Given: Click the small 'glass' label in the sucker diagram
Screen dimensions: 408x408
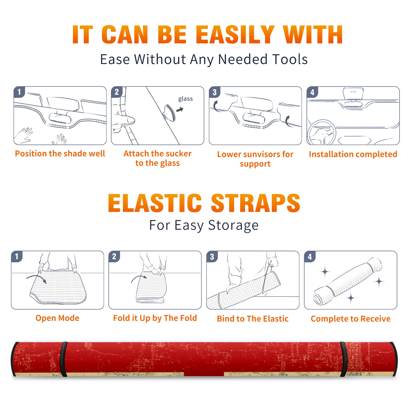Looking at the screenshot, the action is pyautogui.click(x=185, y=99).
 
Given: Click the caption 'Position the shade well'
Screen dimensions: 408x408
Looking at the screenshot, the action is pyautogui.click(x=60, y=154).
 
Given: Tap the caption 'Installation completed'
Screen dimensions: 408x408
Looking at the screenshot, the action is pyautogui.click(x=353, y=154).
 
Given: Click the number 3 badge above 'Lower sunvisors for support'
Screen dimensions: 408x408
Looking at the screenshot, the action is pyautogui.click(x=215, y=92).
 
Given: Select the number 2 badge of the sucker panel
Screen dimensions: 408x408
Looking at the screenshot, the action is pyautogui.click(x=117, y=92).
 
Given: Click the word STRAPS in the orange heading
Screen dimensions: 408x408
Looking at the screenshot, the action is pyautogui.click(x=256, y=203).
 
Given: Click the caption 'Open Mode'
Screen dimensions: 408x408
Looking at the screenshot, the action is pyautogui.click(x=57, y=318).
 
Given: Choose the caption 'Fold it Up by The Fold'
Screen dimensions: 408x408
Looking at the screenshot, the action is pyautogui.click(x=155, y=318).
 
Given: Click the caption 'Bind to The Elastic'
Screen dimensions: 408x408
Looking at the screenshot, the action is pyautogui.click(x=253, y=319).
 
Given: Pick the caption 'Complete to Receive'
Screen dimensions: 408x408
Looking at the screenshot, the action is pyautogui.click(x=351, y=319).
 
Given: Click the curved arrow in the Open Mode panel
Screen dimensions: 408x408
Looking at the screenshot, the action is pyautogui.click(x=36, y=276).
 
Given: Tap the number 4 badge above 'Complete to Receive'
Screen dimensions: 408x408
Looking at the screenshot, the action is pyautogui.click(x=310, y=257).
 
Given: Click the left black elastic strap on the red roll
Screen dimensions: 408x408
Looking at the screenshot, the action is pyautogui.click(x=63, y=359).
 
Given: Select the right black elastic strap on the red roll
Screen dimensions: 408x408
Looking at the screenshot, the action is pyautogui.click(x=343, y=359).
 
